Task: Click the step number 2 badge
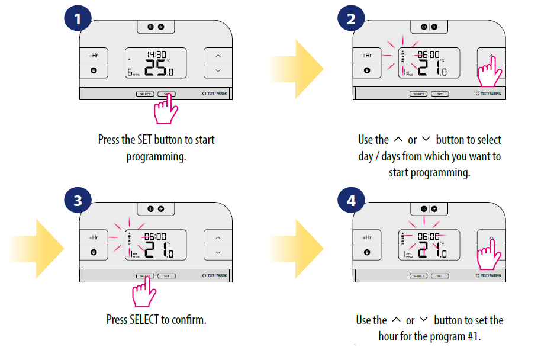pyautogui.click(x=352, y=20)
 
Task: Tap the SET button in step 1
pyautogui.click(x=167, y=94)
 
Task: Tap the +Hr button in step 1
pyautogui.click(x=94, y=56)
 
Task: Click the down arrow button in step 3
pyautogui.click(x=218, y=252)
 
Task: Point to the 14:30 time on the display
pyautogui.click(x=156, y=54)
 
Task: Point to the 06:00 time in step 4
pyautogui.click(x=429, y=236)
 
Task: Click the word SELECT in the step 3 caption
pyautogui.click(x=144, y=320)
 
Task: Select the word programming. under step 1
pyautogui.click(x=156, y=157)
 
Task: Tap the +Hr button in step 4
pyautogui.click(x=367, y=237)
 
